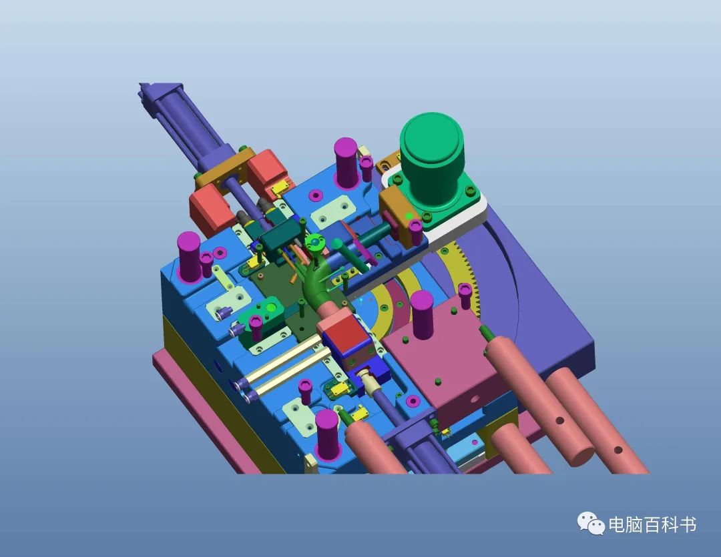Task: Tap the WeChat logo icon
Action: (591, 524)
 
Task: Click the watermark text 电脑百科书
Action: (652, 524)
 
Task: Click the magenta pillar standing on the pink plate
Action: (421, 314)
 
